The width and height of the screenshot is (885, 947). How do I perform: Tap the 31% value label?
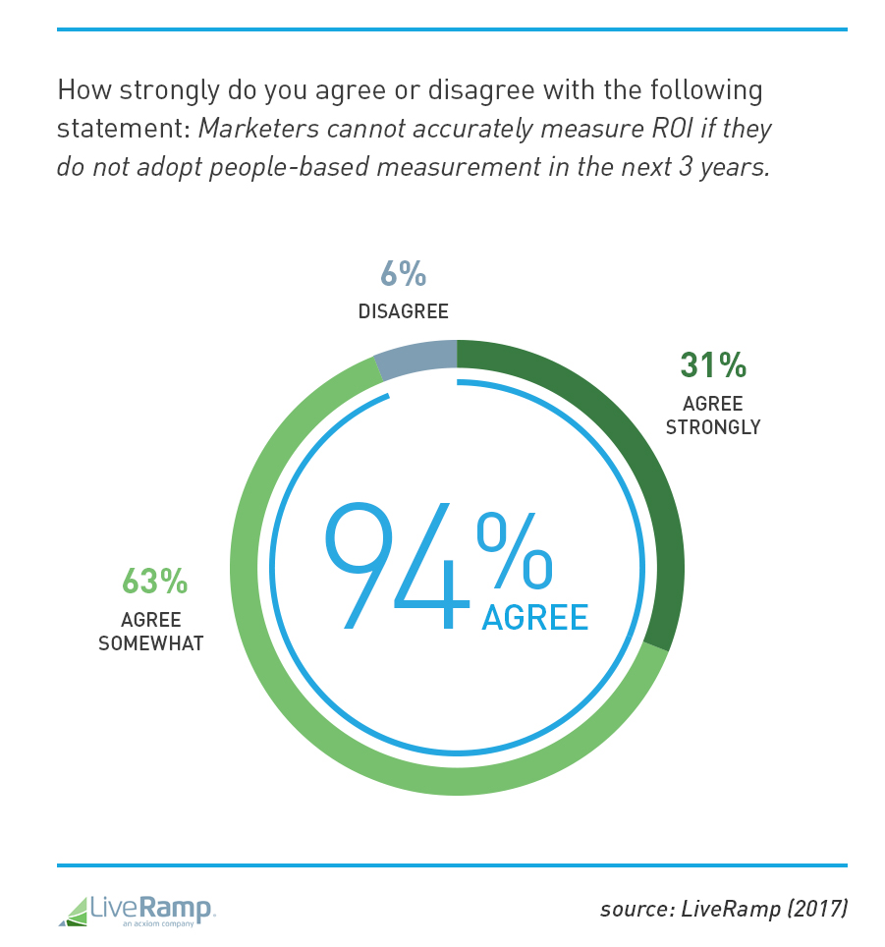pyautogui.click(x=713, y=365)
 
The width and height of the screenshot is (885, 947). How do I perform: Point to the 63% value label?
pyautogui.click(x=154, y=581)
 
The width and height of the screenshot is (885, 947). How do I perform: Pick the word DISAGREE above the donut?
pyautogui.click(x=403, y=312)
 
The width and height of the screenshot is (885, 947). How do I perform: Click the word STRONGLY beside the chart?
pyautogui.click(x=713, y=427)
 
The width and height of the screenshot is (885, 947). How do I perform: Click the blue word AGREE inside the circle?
pyautogui.click(x=534, y=617)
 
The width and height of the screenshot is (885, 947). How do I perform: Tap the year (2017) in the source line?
pyautogui.click(x=811, y=910)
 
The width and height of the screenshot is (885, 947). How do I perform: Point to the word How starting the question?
pyautogui.click(x=80, y=91)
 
